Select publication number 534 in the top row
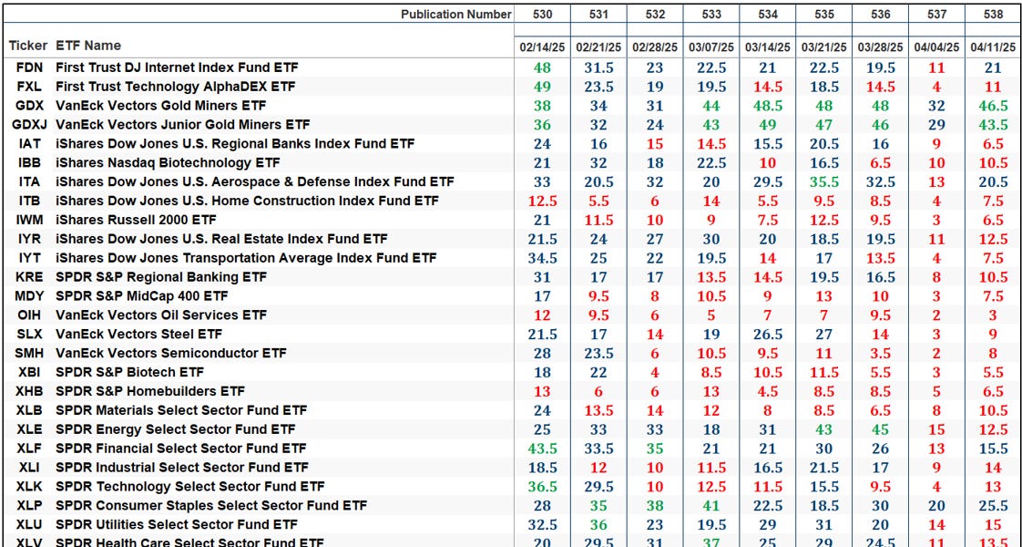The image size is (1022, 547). click(768, 14)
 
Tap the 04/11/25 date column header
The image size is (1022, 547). click(993, 46)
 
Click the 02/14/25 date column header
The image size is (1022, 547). click(543, 46)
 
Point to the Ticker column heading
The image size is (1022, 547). click(28, 46)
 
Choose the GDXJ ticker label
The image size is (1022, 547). click(29, 124)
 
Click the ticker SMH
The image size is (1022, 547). click(28, 353)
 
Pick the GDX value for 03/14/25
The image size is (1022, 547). click(768, 106)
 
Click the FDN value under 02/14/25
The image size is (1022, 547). click(543, 67)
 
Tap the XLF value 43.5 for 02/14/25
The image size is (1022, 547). click(543, 449)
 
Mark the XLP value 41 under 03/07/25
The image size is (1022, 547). click(711, 505)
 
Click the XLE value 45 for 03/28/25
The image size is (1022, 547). click(880, 429)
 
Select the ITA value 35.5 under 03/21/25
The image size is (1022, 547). click(824, 181)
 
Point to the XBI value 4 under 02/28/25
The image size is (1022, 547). click(655, 372)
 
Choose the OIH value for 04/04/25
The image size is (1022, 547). click(936, 315)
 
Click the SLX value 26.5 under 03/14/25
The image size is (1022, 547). click(768, 335)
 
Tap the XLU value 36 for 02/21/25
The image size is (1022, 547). click(598, 524)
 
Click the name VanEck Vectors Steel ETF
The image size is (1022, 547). click(138, 334)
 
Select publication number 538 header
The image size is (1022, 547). click(993, 14)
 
